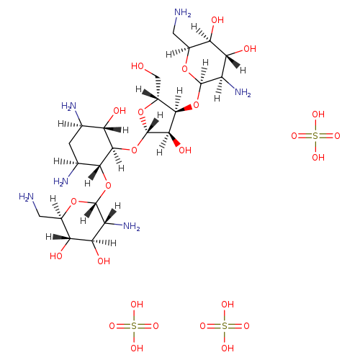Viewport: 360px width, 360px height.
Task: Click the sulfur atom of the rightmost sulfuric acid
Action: (315, 136)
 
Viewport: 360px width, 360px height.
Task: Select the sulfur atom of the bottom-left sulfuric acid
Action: (134, 326)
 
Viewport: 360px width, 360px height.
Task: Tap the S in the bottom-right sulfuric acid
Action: (225, 326)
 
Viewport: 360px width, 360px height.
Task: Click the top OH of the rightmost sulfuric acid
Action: (318, 114)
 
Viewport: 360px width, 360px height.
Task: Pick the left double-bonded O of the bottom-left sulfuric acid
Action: (112, 326)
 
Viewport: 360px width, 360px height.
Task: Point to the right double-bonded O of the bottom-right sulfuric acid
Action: (246, 326)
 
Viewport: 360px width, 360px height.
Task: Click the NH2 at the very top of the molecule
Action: (183, 12)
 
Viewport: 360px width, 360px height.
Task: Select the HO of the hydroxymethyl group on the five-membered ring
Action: (138, 66)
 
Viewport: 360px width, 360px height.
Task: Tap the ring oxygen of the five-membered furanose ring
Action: (141, 112)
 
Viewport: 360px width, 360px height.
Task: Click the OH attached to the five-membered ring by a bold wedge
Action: (185, 150)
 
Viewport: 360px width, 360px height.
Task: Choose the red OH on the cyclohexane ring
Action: (120, 111)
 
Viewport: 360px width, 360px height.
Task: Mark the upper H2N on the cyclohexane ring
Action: (68, 106)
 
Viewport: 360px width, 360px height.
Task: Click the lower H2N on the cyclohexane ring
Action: (61, 181)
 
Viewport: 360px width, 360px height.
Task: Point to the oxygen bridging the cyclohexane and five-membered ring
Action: (134, 150)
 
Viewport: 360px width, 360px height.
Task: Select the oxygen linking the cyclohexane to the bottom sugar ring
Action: (108, 186)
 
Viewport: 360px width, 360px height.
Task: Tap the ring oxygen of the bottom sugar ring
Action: (73, 202)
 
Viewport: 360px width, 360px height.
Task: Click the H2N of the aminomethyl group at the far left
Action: (27, 197)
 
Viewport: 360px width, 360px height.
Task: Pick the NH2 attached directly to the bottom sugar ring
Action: (132, 226)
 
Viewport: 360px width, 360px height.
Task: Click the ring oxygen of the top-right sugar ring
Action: (184, 69)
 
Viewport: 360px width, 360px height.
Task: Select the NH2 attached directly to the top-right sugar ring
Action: (243, 92)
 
